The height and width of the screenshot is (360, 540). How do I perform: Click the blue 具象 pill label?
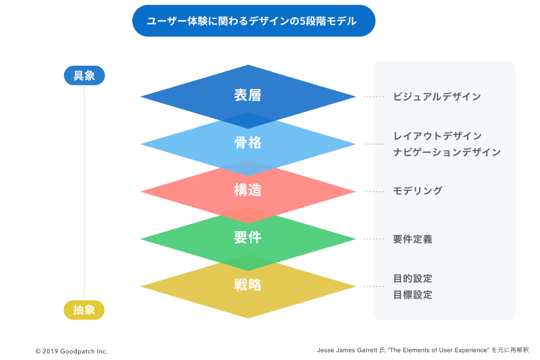(x=84, y=76)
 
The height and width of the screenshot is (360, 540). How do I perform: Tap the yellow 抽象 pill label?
(x=84, y=310)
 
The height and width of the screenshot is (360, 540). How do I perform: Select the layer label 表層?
(x=247, y=95)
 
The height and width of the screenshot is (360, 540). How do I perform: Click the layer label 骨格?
(x=248, y=143)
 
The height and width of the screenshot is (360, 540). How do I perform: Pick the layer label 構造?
(x=248, y=190)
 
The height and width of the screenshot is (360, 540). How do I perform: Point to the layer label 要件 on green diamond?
(x=248, y=238)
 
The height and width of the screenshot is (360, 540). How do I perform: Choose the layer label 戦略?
(x=248, y=285)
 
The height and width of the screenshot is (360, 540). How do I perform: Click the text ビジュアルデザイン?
(x=437, y=97)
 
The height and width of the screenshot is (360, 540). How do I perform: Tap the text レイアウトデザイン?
(x=437, y=136)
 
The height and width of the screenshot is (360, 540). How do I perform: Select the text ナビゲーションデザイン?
(x=447, y=152)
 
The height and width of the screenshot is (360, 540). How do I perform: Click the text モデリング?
(x=418, y=191)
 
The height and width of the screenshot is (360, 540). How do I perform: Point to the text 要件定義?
(x=413, y=239)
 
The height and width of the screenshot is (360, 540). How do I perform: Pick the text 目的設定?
(x=413, y=279)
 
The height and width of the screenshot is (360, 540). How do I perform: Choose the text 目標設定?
(x=413, y=295)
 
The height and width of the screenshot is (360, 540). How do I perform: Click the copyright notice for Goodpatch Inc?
(x=72, y=351)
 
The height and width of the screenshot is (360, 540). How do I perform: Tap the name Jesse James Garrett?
(x=347, y=350)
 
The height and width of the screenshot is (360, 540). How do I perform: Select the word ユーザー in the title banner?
(x=167, y=21)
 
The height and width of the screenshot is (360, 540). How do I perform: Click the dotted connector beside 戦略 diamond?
(x=373, y=287)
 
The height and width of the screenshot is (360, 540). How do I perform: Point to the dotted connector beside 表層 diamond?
(x=373, y=97)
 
